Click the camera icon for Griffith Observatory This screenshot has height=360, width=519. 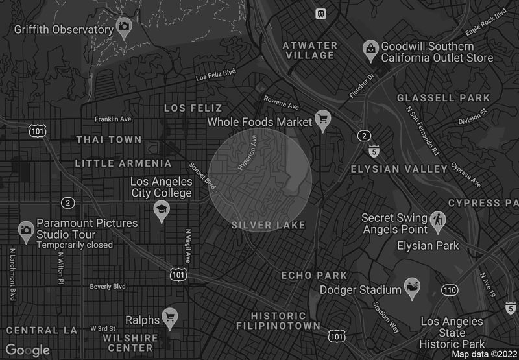pos(124,27)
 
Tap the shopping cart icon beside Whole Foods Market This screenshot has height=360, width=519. pos(322,119)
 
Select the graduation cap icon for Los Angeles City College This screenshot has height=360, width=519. pos(160,210)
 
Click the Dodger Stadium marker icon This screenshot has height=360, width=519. pos(411,286)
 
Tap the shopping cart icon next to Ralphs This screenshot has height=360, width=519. pos(169,317)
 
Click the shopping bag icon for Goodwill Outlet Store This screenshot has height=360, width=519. pos(370,49)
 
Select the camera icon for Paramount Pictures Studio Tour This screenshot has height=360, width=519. pos(26,230)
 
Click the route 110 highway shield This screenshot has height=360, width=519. pos(448,289)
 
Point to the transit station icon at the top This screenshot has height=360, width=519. pos(320,13)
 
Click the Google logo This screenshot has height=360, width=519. pos(28,350)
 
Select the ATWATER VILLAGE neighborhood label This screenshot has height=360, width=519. pos(310,51)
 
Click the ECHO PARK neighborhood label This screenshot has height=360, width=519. pos(314,276)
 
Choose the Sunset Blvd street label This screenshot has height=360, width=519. pos(202,175)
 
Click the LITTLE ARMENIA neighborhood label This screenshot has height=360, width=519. pos(123,163)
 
